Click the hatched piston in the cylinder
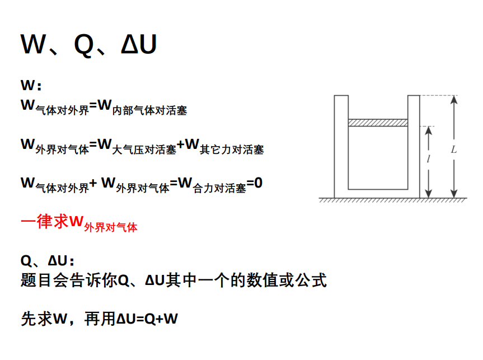click(x=377, y=123)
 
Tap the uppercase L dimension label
click(x=453, y=149)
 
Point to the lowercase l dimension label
click(x=428, y=159)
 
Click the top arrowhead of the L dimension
click(x=454, y=100)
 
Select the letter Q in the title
click(x=84, y=45)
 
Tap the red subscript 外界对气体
click(x=111, y=227)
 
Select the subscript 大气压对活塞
click(x=144, y=149)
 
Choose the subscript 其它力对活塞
click(x=232, y=149)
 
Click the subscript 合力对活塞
click(x=220, y=189)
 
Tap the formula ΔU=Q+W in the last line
click(x=147, y=319)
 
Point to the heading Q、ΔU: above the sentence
click(x=48, y=261)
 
